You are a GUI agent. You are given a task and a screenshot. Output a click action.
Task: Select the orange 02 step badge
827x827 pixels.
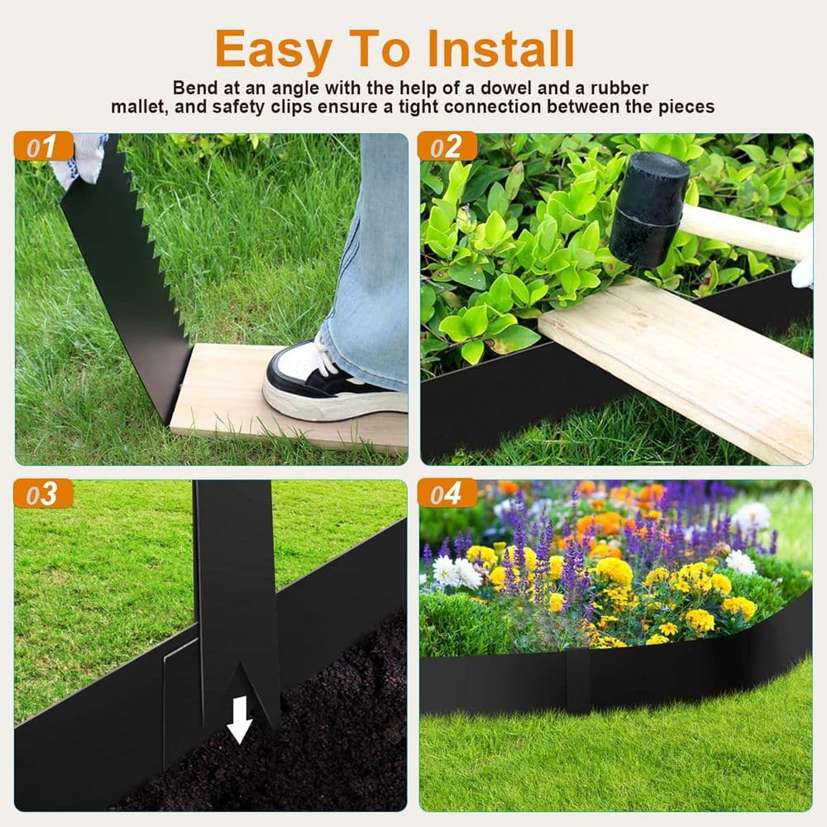[x=447, y=147]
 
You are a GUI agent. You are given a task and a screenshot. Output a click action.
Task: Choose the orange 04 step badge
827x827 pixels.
[x=447, y=494]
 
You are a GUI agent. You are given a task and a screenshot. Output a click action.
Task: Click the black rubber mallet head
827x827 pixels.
[x=650, y=208]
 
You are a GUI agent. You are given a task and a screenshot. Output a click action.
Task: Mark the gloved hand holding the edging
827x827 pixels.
[x=79, y=157]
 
